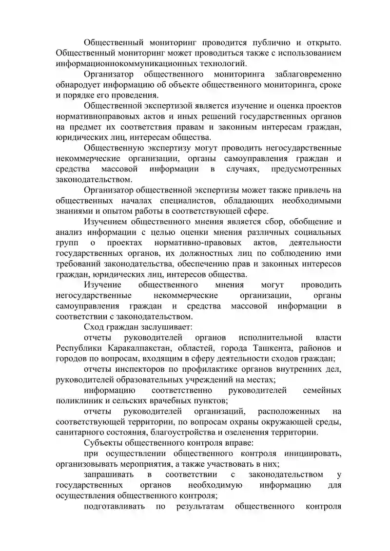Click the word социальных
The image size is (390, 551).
[317, 232]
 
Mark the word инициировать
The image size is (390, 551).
[312, 454]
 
